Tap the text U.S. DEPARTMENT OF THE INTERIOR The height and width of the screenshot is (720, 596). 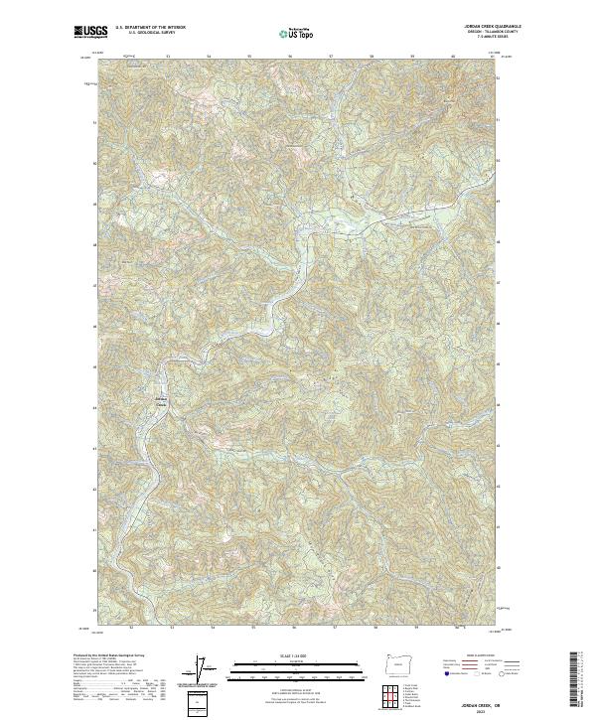(x=150, y=27)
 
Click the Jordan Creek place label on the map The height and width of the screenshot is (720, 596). (x=163, y=400)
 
